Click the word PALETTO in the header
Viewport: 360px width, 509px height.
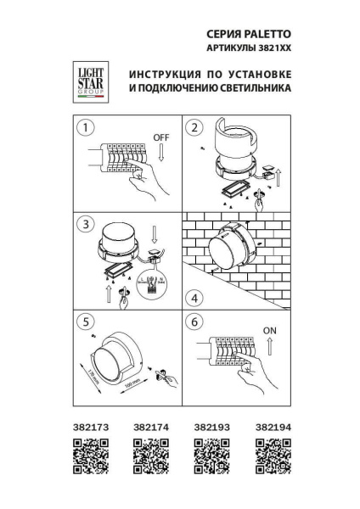coord(267,34)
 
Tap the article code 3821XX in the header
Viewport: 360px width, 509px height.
coord(272,49)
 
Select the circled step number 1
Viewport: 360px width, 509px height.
coord(84,128)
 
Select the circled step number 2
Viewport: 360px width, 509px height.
coord(195,128)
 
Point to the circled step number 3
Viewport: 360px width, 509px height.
coord(84,224)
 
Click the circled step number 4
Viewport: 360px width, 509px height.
coord(195,298)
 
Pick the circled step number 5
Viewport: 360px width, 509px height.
coord(84,322)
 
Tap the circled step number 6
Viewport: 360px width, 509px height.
coord(195,322)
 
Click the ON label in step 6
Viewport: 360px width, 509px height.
coord(272,331)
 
